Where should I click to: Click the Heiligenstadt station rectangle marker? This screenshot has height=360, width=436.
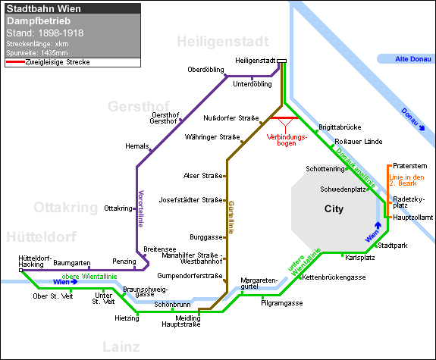[x=281, y=61]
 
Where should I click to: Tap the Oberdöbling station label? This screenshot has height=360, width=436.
[x=205, y=70]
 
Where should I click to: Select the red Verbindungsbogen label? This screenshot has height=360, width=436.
[x=287, y=140]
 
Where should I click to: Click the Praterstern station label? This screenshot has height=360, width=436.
[x=410, y=166]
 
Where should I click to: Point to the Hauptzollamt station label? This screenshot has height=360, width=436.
[x=413, y=218]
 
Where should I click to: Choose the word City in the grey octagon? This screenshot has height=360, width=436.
[x=334, y=208]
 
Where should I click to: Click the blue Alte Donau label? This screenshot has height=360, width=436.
[x=413, y=59]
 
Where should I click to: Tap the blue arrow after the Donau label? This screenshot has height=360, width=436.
[x=422, y=127]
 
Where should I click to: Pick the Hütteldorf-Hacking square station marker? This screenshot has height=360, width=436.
[x=21, y=271]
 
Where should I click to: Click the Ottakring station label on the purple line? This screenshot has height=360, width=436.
[x=118, y=208]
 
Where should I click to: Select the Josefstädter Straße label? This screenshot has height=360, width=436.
[x=190, y=200]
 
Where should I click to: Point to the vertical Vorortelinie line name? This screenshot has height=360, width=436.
[x=141, y=208]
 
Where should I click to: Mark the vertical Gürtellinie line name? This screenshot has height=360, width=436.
[x=231, y=218]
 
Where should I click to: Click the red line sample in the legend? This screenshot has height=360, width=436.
[x=16, y=61]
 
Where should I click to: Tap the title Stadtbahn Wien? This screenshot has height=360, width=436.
[x=44, y=9]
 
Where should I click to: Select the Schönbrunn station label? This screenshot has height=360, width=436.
[x=172, y=305]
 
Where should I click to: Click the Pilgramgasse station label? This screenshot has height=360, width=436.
[x=281, y=303]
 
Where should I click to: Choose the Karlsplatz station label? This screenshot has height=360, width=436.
[x=360, y=258]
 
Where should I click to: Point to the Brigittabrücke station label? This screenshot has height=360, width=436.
[x=340, y=127]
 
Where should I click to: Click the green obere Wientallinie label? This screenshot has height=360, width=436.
[x=89, y=277]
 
